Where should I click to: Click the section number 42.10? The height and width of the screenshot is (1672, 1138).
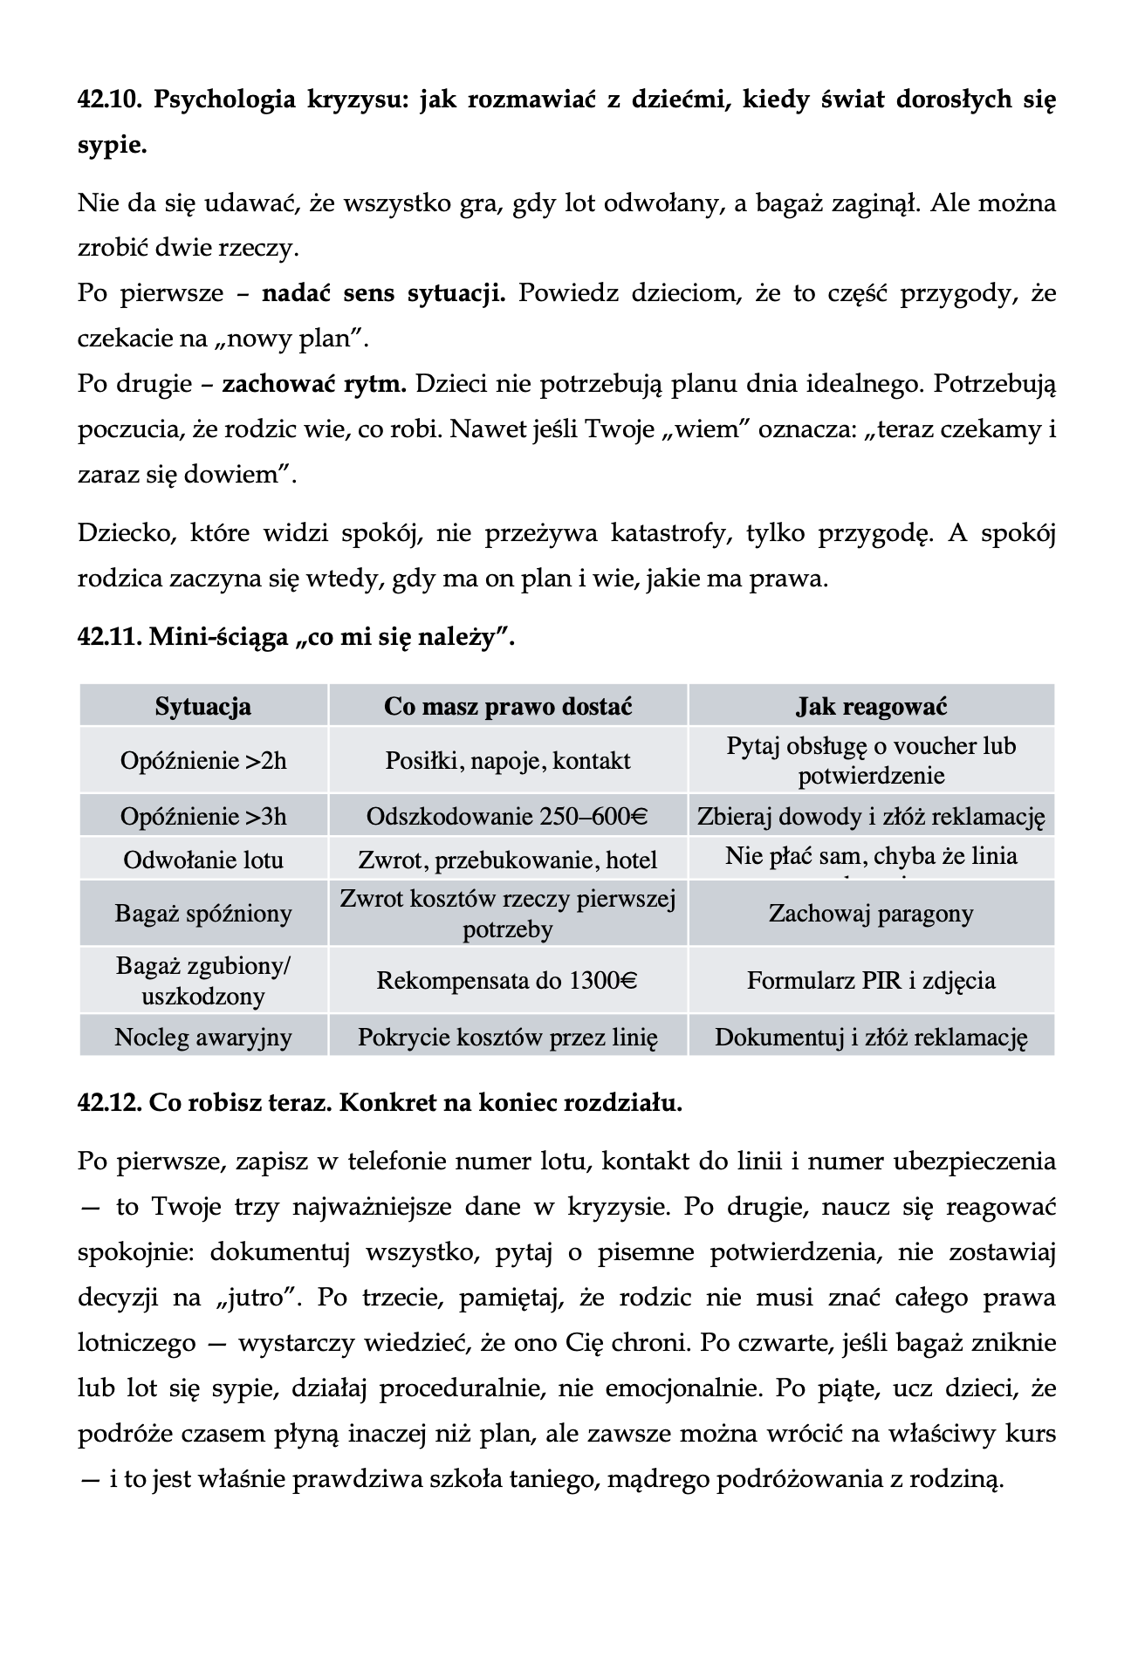tap(110, 99)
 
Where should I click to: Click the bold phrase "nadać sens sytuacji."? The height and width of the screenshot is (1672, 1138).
tap(383, 292)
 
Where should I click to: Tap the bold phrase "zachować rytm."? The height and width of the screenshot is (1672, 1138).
tap(314, 384)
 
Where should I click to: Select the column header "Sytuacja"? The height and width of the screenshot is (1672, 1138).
tap(203, 706)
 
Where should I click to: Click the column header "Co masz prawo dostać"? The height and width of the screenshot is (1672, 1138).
tap(508, 706)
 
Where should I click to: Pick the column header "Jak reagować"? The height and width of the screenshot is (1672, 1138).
tap(871, 706)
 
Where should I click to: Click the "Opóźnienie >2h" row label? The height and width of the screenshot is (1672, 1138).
tap(203, 761)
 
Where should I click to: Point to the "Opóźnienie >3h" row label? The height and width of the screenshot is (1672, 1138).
tap(203, 817)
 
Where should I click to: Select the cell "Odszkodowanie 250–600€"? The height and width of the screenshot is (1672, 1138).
tap(507, 817)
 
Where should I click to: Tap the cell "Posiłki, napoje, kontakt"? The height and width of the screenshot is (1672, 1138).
tap(508, 761)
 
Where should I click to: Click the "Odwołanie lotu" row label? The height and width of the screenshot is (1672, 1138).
tap(203, 860)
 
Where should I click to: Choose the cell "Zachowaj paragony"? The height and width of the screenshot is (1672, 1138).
tap(871, 914)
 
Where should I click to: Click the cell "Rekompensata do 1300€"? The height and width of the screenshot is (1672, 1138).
tap(507, 981)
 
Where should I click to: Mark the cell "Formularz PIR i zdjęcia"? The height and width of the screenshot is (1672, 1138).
tap(871, 981)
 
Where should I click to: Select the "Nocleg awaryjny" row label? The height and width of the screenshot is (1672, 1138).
tap(203, 1037)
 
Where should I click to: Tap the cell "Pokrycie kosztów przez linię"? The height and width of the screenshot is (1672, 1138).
tap(508, 1037)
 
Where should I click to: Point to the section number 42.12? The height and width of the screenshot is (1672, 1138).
tap(110, 1103)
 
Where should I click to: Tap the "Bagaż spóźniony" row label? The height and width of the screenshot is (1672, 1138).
tap(203, 914)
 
